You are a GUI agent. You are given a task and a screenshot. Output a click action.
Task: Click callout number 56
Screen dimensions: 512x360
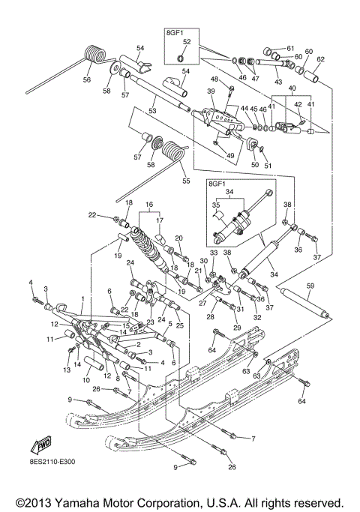point(87,79)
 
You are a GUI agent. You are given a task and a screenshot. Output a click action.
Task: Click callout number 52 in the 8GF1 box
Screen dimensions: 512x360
point(187,42)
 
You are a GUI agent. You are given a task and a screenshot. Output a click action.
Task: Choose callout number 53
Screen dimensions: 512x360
point(153,111)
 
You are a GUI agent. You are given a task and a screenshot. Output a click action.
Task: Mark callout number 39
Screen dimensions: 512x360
point(211,91)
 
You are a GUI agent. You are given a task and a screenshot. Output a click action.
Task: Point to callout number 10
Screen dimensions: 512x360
point(86,380)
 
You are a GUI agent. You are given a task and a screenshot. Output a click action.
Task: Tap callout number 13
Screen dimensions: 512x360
point(65,370)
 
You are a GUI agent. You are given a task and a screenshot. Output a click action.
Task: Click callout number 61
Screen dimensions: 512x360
point(290,48)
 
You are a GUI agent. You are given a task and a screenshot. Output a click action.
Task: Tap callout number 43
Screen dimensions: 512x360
point(279,82)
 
